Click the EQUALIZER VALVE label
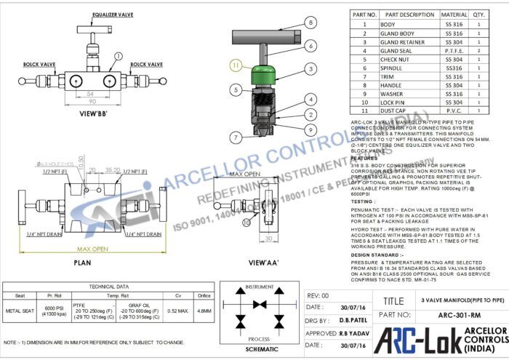click(112, 15)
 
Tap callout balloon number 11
click(235, 65)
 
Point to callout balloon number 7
click(236, 137)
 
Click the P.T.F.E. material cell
click(454, 52)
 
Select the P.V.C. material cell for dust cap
click(454, 111)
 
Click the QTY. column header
click(479, 15)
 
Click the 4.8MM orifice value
click(204, 311)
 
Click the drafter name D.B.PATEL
click(342, 320)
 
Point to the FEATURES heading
click(364, 157)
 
